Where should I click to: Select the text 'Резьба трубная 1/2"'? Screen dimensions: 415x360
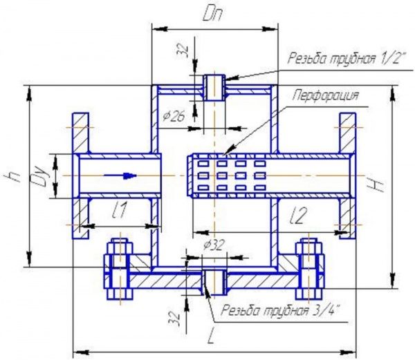pyautogui.click(x=347, y=58)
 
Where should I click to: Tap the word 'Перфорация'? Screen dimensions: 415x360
pyautogui.click(x=326, y=95)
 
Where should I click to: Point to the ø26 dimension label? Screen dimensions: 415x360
pyautogui.click(x=174, y=116)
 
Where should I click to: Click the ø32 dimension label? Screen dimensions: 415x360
pyautogui.click(x=214, y=245)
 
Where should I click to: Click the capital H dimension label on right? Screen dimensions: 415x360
pyautogui.click(x=376, y=185)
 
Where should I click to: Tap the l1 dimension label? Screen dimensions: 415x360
pyautogui.click(x=120, y=210)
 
